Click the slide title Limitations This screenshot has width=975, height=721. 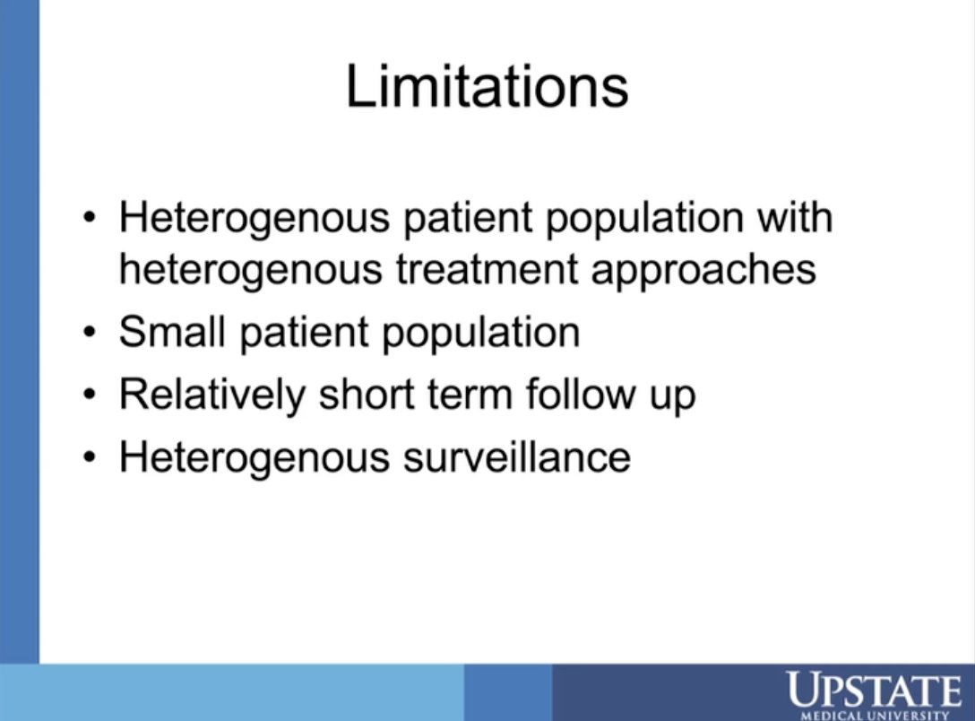(487, 87)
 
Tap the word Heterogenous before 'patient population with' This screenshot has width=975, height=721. (255, 218)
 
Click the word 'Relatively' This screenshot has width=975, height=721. (212, 395)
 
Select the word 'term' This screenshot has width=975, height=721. (474, 395)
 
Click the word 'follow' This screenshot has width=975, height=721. (582, 395)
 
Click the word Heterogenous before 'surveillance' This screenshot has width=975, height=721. (255, 456)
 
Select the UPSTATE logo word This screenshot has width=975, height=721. (872, 691)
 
